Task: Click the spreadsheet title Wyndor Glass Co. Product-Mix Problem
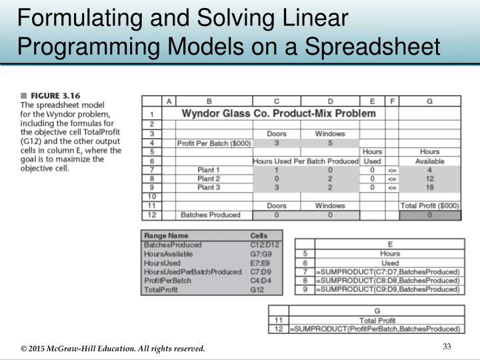coord(279,113)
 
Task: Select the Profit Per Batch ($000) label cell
coord(209,143)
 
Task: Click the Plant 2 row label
coord(209,179)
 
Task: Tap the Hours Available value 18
coord(429,188)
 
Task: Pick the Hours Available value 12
coord(429,179)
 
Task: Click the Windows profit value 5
coord(330,143)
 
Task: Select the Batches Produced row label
coord(209,215)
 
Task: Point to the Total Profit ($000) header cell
coord(429,206)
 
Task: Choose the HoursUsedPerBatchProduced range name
coord(193,272)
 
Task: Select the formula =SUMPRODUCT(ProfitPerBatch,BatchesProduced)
coord(376,329)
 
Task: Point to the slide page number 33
coord(447,345)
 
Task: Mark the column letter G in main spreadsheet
coord(429,101)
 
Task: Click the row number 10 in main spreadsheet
coord(151,197)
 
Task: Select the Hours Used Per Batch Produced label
coord(305,161)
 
